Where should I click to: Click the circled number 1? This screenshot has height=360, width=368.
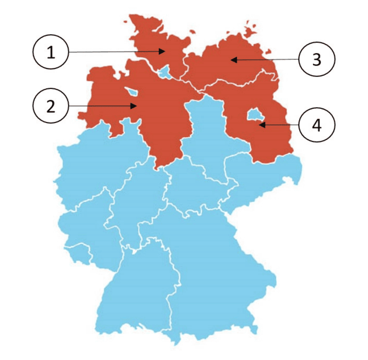point(51,52)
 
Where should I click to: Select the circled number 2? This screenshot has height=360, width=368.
point(51,106)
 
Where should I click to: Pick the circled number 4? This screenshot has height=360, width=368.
point(317,125)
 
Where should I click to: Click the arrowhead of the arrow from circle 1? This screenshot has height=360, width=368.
point(164,51)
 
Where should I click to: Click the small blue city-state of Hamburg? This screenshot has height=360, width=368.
point(164,71)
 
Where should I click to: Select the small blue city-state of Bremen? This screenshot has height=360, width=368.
point(132,92)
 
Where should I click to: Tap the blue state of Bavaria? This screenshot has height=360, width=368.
point(214,264)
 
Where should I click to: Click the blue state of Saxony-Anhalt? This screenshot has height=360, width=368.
point(205,137)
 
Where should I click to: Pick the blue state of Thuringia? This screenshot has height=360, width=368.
point(191,187)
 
